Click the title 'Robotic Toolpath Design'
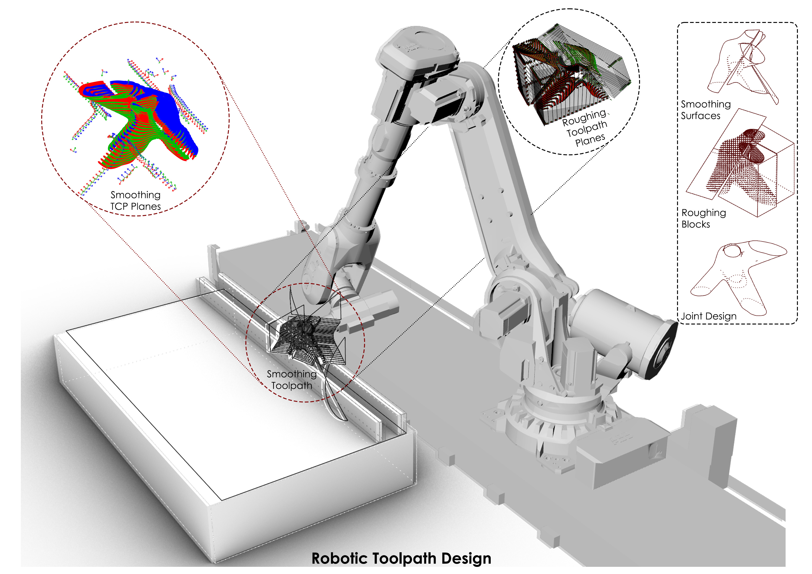401,558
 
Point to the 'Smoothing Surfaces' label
705,110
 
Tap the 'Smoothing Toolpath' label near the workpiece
291,380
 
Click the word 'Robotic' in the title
339,558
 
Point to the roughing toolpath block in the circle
569,74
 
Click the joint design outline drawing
736,276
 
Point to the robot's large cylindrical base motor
622,332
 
